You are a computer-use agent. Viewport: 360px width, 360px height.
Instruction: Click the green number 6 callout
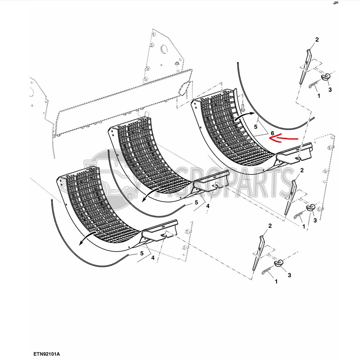273,133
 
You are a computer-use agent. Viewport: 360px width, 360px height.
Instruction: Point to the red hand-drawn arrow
283,138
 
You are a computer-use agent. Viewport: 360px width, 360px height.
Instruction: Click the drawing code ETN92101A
46,354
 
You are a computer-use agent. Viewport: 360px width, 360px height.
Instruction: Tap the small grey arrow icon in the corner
336,3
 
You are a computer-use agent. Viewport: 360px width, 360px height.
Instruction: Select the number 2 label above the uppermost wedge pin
317,40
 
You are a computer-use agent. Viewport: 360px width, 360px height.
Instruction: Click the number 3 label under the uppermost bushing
330,90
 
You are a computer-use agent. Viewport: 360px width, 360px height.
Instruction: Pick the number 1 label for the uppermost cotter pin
319,96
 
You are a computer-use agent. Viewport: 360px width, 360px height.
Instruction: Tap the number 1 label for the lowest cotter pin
276,281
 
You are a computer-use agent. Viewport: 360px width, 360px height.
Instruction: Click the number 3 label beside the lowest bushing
289,275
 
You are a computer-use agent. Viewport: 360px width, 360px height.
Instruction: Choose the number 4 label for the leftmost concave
153,258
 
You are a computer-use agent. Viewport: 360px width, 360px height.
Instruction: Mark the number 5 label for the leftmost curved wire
142,253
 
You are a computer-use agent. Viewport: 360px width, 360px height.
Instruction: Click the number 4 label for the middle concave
208,206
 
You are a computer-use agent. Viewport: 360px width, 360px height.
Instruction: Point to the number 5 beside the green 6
256,127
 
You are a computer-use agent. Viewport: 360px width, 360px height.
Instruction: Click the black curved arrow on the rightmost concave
244,115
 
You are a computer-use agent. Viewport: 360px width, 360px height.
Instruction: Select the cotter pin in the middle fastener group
299,216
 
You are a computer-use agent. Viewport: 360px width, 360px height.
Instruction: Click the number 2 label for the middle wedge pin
302,170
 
